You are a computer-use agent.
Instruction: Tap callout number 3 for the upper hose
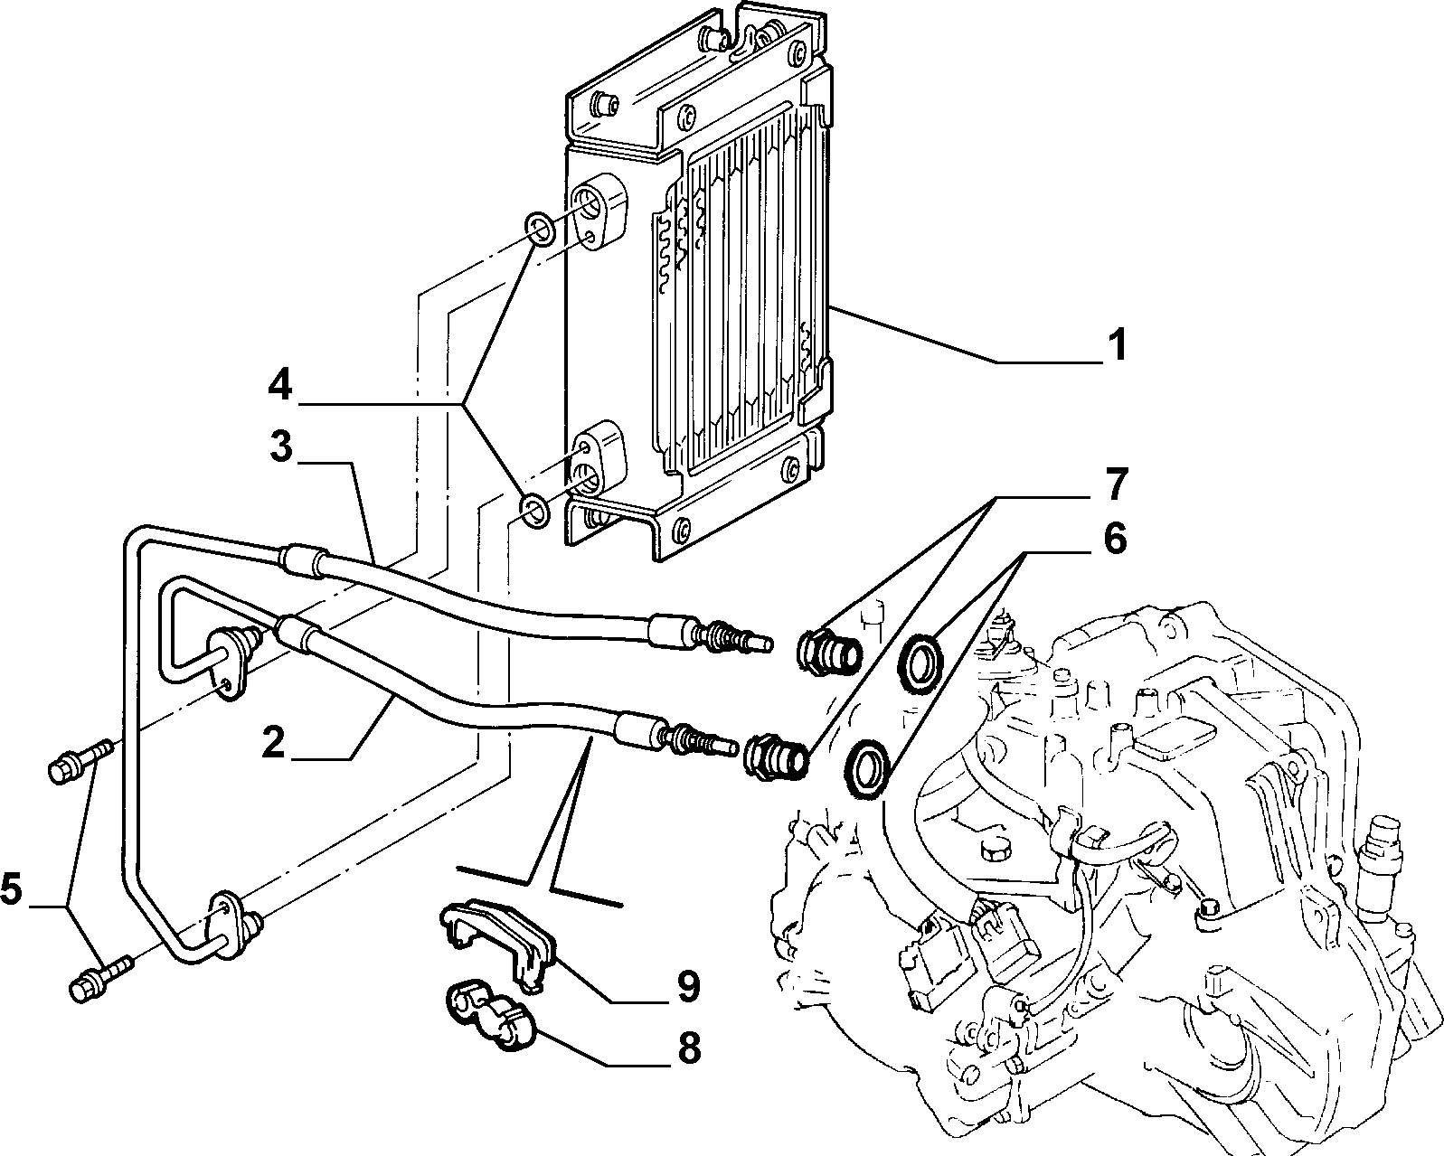point(282,446)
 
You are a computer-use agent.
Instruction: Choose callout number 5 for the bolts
point(12,889)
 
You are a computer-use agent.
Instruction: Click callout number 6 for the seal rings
point(1115,539)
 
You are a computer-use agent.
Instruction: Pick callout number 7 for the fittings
point(1116,484)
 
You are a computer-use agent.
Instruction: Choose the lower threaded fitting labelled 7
point(777,757)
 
